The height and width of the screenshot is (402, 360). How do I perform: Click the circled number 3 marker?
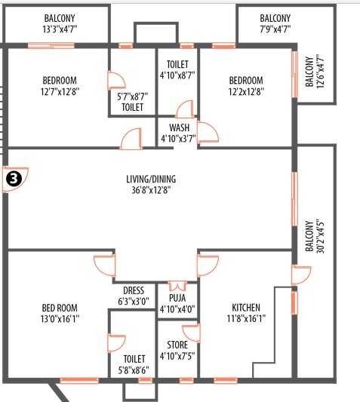pos(12,179)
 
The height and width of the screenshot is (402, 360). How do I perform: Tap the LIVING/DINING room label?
pos(152,179)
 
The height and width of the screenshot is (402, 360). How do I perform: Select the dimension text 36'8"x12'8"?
pos(152,190)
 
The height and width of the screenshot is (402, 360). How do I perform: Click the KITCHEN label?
pos(246,308)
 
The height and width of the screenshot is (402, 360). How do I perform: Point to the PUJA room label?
pos(177,296)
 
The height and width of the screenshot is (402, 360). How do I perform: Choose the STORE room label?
pos(177,345)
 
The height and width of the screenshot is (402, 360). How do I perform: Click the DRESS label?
pos(133,290)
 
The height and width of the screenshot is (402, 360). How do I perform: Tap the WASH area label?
pos(179,127)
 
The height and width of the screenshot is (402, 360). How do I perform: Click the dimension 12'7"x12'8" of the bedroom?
pos(59,91)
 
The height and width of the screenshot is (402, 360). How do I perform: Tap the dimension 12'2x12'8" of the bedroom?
pos(246,91)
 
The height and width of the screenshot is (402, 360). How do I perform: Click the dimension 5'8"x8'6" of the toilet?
pos(134,370)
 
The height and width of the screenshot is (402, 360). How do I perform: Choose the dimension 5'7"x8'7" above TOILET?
pos(133,96)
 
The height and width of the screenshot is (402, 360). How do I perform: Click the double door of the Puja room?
pos(177,287)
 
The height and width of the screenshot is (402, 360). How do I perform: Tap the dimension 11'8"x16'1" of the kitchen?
pos(246,318)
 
